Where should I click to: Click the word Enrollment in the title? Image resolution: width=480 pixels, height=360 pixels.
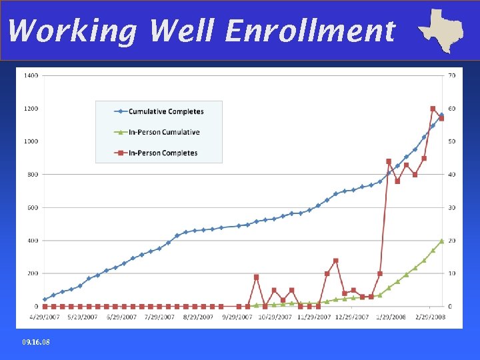point(310,31)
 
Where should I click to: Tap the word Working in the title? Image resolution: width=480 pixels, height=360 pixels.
point(72,31)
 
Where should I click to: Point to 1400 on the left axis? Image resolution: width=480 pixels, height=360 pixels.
point(31,75)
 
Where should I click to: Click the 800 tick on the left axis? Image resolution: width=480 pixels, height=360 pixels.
point(33,175)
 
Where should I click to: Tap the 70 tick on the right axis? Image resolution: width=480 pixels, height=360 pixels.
point(451,75)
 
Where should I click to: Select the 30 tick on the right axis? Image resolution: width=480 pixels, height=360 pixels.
point(451,207)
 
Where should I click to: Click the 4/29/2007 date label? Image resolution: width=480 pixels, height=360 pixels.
point(45,317)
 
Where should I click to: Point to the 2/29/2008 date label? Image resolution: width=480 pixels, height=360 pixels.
point(431,317)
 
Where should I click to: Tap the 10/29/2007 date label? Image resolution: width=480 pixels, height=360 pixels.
point(273,317)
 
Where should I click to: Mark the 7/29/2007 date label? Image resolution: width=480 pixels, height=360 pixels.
point(159,317)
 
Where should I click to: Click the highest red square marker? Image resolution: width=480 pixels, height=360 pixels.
point(433,109)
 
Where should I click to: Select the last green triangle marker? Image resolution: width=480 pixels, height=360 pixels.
point(441,241)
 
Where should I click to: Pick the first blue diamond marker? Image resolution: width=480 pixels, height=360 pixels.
point(45,299)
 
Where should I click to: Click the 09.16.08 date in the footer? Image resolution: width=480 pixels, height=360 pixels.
point(35,342)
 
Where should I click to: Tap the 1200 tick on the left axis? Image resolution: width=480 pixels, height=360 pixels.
point(31,109)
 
